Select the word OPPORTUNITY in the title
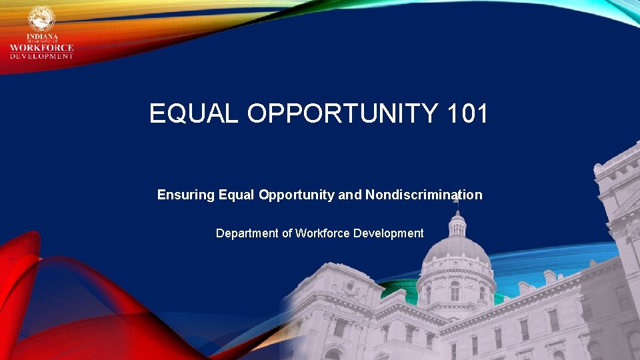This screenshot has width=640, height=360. (340, 113)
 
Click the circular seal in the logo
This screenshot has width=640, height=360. (41, 19)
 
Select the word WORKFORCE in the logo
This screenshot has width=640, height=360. (41, 47)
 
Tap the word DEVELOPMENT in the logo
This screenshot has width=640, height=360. (41, 56)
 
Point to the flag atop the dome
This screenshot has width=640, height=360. (456, 198)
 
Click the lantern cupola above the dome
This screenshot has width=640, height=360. (457, 224)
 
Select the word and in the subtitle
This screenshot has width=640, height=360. (350, 195)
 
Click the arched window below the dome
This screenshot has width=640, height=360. (455, 292)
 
